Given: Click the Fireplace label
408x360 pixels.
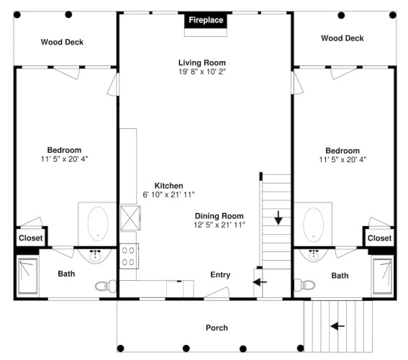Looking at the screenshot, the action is pyautogui.click(x=206, y=20).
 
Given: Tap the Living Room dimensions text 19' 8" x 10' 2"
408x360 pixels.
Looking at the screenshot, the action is pyautogui.click(x=202, y=71).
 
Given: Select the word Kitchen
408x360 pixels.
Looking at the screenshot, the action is pyautogui.click(x=168, y=186).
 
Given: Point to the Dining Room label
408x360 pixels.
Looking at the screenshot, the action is pyautogui.click(x=219, y=216).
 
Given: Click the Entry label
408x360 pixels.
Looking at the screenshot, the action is pyautogui.click(x=220, y=275).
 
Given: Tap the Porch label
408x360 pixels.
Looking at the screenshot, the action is pyautogui.click(x=217, y=328).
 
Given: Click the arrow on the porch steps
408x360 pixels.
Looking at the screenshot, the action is pyautogui.click(x=337, y=326).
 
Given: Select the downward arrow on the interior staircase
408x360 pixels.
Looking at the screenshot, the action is pyautogui.click(x=278, y=218).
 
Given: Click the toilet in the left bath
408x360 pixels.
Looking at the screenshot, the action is pyautogui.click(x=105, y=286).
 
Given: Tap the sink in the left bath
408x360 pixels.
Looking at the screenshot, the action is pyautogui.click(x=95, y=256).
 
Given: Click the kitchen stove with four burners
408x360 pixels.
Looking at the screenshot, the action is pyautogui.click(x=129, y=256).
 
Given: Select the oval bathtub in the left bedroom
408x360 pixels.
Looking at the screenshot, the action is pyautogui.click(x=98, y=224).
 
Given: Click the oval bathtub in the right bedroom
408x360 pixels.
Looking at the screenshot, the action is pyautogui.click(x=314, y=225).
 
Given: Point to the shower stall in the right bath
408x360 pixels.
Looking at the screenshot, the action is pyautogui.click(x=382, y=276).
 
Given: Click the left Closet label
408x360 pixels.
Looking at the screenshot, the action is pyautogui.click(x=31, y=238).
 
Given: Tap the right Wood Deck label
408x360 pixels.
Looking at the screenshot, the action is pyautogui.click(x=343, y=38).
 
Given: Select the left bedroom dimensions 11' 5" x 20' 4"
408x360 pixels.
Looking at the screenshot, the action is pyautogui.click(x=64, y=159).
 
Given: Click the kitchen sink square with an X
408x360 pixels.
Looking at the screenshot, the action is pyautogui.click(x=130, y=218).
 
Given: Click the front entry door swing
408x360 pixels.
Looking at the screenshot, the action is pyautogui.click(x=217, y=293).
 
